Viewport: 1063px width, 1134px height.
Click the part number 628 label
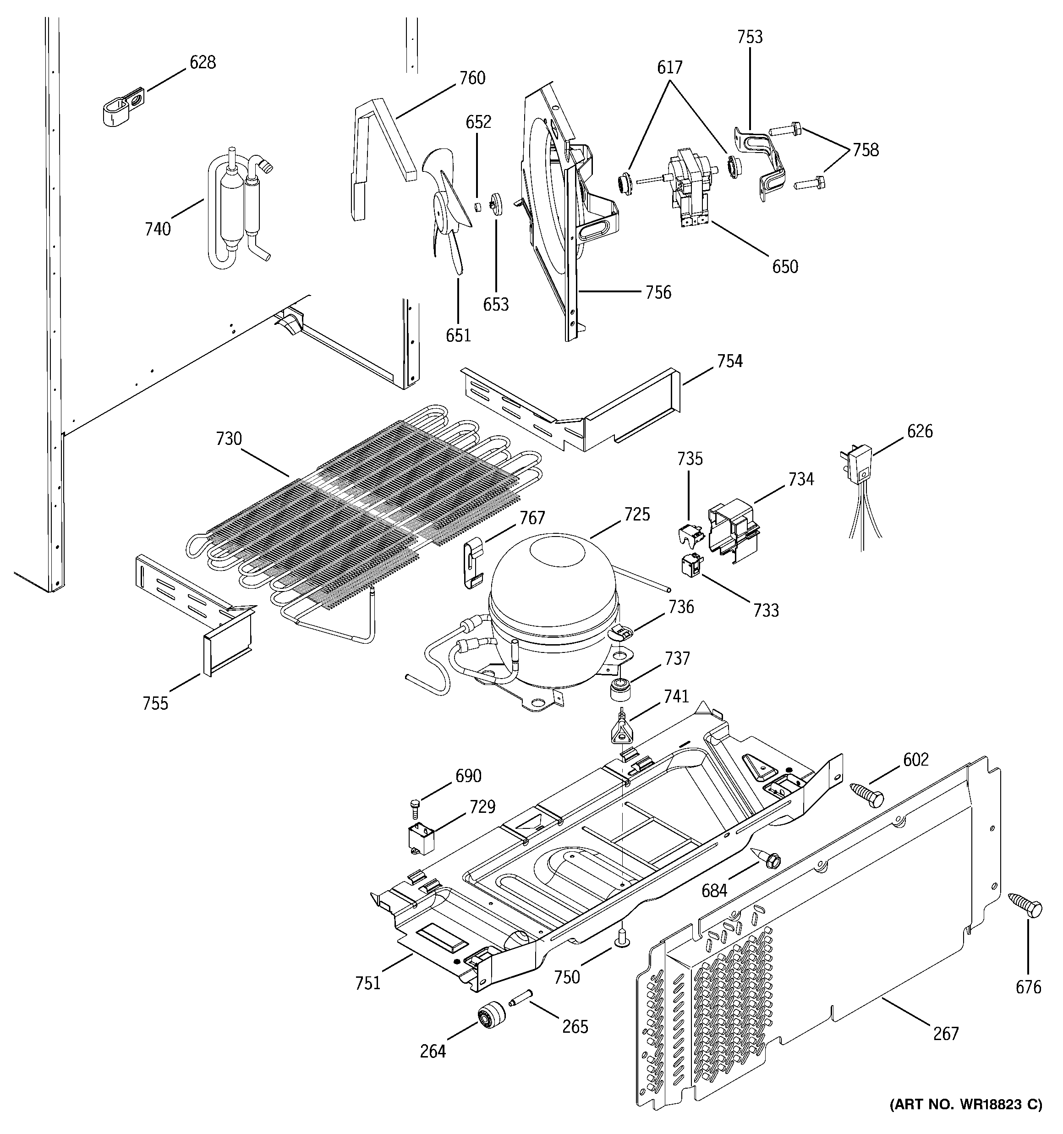(x=203, y=63)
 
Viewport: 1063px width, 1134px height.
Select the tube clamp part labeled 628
(x=123, y=107)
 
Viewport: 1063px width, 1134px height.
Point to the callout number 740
(x=158, y=229)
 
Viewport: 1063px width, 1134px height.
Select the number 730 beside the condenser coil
(x=229, y=439)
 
